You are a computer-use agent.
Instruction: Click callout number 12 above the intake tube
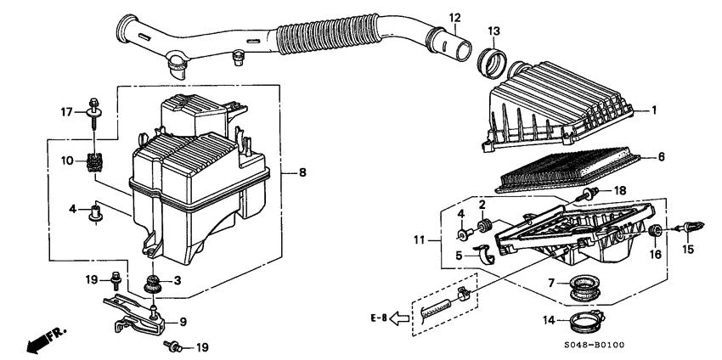(454, 17)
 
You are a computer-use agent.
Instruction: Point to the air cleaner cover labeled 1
(561, 106)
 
